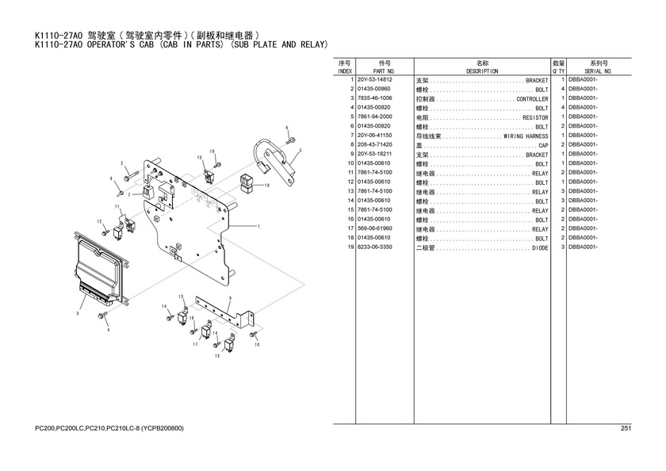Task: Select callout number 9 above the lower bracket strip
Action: (x=229, y=298)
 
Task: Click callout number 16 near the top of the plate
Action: (x=212, y=151)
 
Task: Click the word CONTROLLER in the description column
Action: (x=532, y=99)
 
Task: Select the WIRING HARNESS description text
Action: (x=526, y=136)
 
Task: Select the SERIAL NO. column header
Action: (x=598, y=71)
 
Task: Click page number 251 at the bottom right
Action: (x=625, y=429)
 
